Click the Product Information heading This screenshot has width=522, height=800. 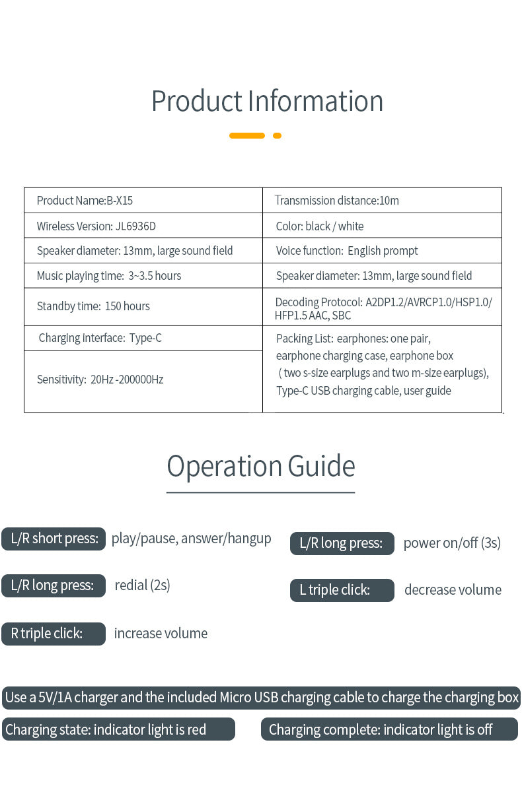pyautogui.click(x=267, y=101)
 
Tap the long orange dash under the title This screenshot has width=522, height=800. pyautogui.click(x=247, y=135)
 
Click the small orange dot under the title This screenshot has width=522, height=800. pyautogui.click(x=278, y=135)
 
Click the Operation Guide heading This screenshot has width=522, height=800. pyautogui.click(x=261, y=466)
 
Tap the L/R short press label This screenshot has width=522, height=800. pyautogui.click(x=54, y=539)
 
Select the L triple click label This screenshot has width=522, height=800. pyautogui.click(x=342, y=590)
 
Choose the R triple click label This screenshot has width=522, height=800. pyautogui.click(x=54, y=634)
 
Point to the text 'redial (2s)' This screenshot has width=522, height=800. pyautogui.click(x=142, y=585)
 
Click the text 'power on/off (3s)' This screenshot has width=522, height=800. pyautogui.click(x=452, y=543)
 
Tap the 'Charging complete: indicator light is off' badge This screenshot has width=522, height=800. pyautogui.click(x=389, y=729)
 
